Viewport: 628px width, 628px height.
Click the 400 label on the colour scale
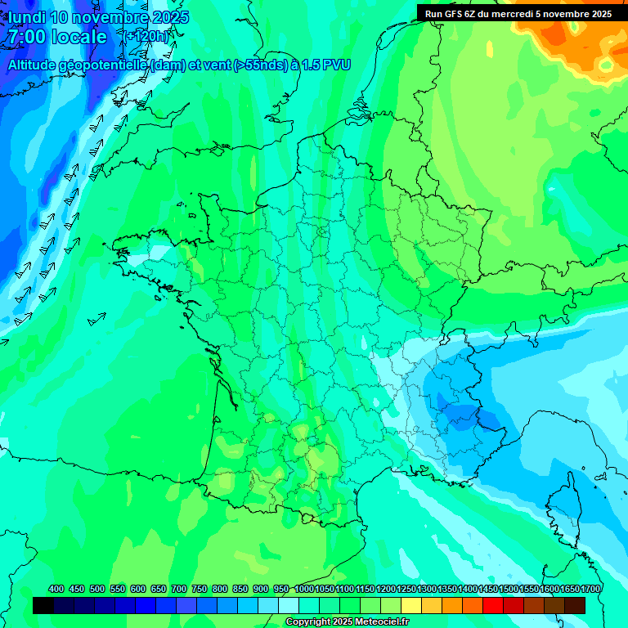[56, 589]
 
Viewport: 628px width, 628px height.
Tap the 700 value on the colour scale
[179, 589]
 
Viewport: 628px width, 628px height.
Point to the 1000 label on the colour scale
[304, 589]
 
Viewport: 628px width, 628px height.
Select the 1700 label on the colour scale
[591, 589]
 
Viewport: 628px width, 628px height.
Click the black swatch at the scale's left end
[43, 605]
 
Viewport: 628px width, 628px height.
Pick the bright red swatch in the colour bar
[493, 605]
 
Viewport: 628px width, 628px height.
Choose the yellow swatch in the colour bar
[411, 605]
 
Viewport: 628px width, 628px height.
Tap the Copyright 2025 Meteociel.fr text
[348, 622]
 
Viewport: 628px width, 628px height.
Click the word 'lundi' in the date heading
[27, 17]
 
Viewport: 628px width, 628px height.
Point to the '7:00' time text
[26, 37]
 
